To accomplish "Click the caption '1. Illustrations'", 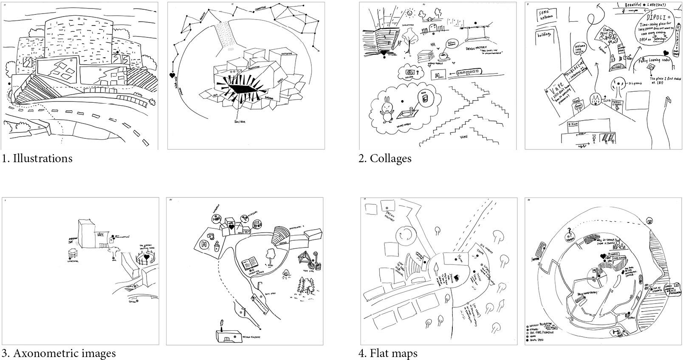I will point(37,159).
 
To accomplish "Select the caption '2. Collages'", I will point(385,159).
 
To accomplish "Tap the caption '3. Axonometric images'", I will point(59,353).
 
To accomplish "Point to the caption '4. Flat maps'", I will point(388,353).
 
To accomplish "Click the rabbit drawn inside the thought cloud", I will point(387,111).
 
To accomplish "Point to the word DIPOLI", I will point(650,19).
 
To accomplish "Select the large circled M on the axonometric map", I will point(203,245).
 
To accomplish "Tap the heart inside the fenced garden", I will point(147,257).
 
